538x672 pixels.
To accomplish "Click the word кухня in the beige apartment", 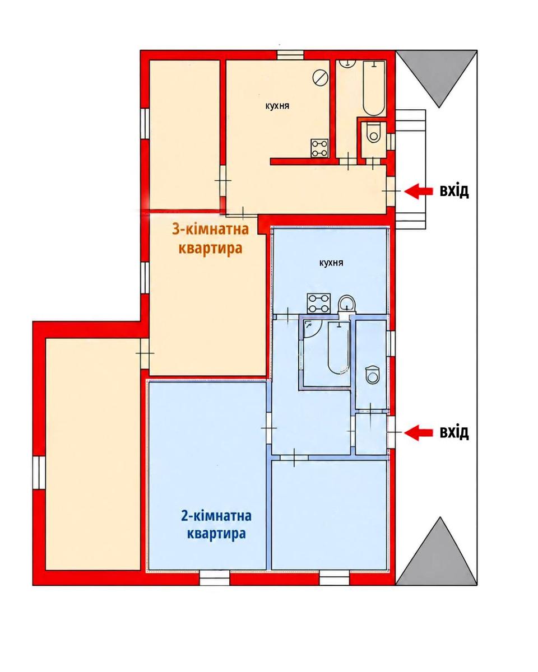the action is pyautogui.click(x=277, y=106).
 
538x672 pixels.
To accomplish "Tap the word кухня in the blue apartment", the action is pyautogui.click(x=331, y=263).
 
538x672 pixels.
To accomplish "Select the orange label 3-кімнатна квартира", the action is pyautogui.click(x=210, y=239).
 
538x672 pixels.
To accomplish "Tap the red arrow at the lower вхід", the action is pyautogui.click(x=418, y=432).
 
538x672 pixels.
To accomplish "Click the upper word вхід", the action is pyautogui.click(x=454, y=191).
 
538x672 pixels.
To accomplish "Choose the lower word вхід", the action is pyautogui.click(x=454, y=432).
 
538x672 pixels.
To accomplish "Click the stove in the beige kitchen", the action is pyautogui.click(x=319, y=148).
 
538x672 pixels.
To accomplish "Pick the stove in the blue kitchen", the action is pyautogui.click(x=319, y=303).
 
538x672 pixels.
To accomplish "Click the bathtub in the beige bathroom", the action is pyautogui.click(x=374, y=88).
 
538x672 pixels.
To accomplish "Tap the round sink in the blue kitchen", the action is pyautogui.click(x=347, y=304).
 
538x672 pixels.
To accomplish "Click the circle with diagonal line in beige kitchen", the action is pyautogui.click(x=320, y=77).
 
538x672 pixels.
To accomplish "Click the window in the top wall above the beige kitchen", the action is pyautogui.click(x=290, y=55).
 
